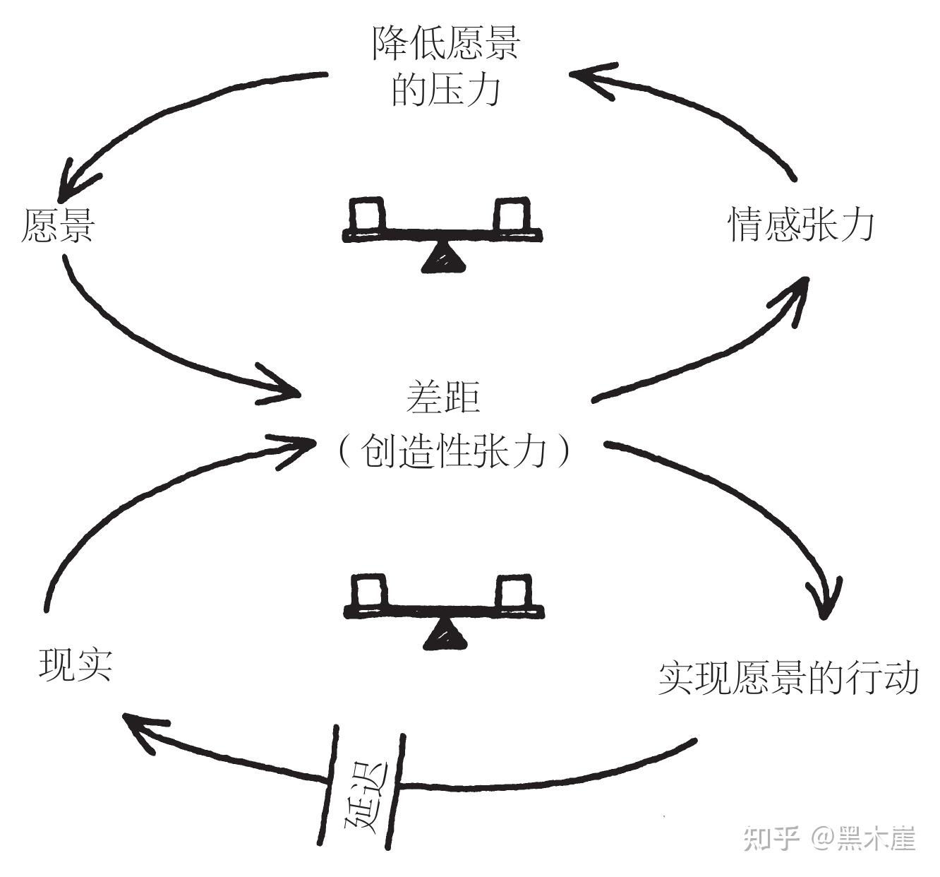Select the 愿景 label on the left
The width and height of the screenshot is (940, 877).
tap(58, 225)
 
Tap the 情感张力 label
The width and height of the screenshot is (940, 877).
tap(802, 225)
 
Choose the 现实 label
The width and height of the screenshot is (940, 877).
tap(76, 664)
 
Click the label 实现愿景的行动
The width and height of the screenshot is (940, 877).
tap(788, 678)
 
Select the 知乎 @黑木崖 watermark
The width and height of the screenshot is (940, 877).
tap(830, 839)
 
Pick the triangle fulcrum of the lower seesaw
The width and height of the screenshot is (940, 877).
tap(445, 635)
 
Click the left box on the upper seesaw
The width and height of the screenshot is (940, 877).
tap(368, 214)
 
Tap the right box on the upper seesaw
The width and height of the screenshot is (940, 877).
tap(512, 214)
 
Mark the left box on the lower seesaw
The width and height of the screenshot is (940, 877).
tap(370, 592)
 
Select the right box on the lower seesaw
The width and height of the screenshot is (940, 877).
tap(514, 592)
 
